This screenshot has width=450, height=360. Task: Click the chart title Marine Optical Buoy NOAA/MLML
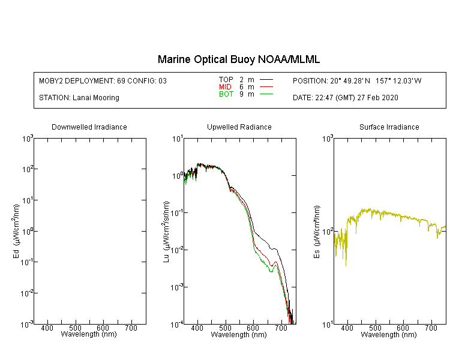(x=239, y=59)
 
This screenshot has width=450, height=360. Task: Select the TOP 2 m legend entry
(x=236, y=79)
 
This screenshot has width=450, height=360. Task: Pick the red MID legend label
(x=225, y=87)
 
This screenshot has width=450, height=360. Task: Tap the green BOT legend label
(x=226, y=94)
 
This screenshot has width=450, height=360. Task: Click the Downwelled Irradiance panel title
(x=89, y=127)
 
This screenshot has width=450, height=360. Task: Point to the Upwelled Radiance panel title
(x=239, y=127)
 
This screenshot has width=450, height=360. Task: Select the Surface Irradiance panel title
(x=389, y=127)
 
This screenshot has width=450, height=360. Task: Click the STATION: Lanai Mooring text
(x=79, y=98)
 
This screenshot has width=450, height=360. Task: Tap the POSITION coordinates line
(x=357, y=80)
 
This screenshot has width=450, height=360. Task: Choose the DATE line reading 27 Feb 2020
(x=346, y=98)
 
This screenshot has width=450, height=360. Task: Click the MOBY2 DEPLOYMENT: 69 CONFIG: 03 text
(x=103, y=80)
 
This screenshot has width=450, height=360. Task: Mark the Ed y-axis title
(x=17, y=231)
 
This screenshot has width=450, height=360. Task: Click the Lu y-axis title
(x=167, y=231)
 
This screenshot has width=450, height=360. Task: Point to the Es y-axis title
(x=317, y=231)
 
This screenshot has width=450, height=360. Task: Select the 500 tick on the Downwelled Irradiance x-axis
(x=75, y=329)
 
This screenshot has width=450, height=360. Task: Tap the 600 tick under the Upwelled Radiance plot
(x=253, y=329)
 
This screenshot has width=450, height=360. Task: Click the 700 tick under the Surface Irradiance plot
(x=431, y=329)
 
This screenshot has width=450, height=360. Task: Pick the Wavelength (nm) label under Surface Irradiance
(x=389, y=335)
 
